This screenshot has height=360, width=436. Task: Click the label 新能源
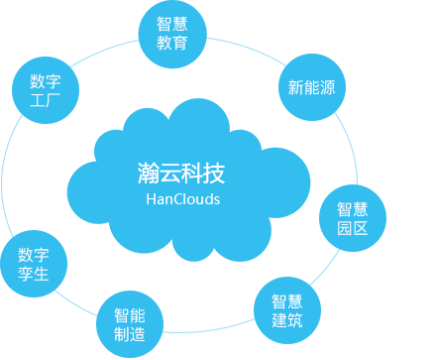311,87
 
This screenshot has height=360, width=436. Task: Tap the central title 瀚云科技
181,174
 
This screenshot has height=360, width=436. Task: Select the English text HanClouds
182,199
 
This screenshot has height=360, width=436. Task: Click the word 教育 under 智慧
171,42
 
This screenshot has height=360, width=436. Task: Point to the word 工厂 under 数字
46,100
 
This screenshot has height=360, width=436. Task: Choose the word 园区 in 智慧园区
352,228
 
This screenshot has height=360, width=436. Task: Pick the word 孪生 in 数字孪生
33,274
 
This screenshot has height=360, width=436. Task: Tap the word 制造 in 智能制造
129,334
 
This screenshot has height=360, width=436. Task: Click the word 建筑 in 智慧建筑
287,320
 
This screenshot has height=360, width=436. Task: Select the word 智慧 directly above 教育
171,23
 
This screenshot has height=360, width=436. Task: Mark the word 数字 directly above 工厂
46,81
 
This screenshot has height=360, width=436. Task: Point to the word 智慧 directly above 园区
352,209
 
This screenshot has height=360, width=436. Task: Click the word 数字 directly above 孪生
33,255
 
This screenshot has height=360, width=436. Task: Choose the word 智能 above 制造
129,315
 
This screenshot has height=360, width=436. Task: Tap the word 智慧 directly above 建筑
287,301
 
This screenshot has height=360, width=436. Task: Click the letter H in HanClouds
151,199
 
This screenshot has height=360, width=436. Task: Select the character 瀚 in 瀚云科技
149,174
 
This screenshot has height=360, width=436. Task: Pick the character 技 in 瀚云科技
214,174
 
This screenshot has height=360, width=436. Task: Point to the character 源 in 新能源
327,87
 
